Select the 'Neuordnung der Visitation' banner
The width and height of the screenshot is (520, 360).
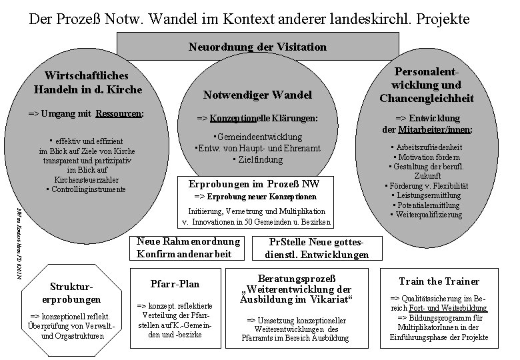(x=257, y=47)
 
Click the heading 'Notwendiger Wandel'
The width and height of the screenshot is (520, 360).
(x=257, y=97)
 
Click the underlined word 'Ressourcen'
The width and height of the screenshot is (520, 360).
(x=119, y=114)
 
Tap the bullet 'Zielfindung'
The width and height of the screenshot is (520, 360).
(x=259, y=159)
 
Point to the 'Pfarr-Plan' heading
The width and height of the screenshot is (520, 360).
(x=176, y=283)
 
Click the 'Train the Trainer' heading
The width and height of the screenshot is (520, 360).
(x=433, y=281)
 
